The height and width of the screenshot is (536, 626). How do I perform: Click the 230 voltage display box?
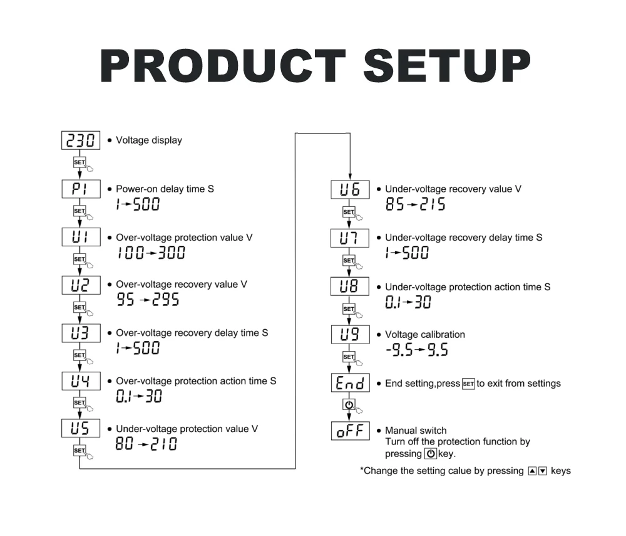tap(81, 140)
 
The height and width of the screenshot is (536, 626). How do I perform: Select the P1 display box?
tap(81, 189)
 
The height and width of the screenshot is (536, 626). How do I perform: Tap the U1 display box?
tap(81, 236)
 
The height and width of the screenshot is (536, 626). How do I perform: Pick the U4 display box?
tap(81, 381)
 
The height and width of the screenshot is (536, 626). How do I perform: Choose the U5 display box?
tap(81, 428)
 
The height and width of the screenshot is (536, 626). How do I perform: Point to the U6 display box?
tap(350, 189)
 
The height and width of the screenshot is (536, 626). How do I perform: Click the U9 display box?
tap(351, 334)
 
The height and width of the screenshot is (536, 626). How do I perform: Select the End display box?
tap(351, 383)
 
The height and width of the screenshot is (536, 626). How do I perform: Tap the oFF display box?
tap(351, 431)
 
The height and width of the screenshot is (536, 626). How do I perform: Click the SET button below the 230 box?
tap(80, 162)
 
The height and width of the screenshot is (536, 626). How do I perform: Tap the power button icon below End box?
tap(349, 404)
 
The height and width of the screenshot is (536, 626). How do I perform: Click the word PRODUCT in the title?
tap(222, 66)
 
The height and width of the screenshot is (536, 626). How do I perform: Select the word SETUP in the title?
tap(447, 66)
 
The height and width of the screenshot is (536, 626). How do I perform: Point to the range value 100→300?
tap(151, 253)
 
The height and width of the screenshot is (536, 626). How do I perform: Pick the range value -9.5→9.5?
tap(417, 350)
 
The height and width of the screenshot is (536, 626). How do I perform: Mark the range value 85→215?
tap(415, 204)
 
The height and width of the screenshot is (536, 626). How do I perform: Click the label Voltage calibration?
tap(425, 335)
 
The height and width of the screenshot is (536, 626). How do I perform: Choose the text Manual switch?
tap(416, 431)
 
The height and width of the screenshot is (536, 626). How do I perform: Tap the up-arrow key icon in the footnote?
tap(532, 471)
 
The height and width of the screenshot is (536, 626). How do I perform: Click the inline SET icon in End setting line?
tap(468, 384)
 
